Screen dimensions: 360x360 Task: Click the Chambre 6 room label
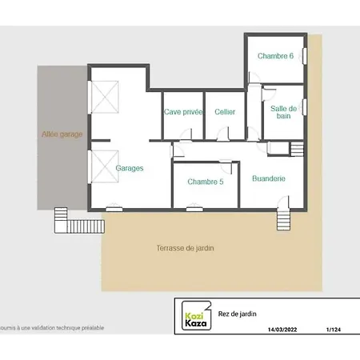click(x=275, y=56)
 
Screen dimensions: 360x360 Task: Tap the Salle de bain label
click(x=283, y=112)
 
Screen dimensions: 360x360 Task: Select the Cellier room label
click(x=225, y=112)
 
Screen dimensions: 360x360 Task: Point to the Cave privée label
click(x=183, y=112)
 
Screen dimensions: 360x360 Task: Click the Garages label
click(x=130, y=168)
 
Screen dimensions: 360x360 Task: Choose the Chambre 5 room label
click(x=206, y=182)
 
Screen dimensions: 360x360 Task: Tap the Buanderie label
click(x=269, y=178)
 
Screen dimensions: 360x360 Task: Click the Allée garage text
click(x=62, y=134)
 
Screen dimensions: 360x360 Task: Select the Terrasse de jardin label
click(x=185, y=248)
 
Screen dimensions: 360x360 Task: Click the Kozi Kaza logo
click(x=197, y=316)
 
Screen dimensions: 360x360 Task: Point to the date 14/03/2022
click(x=282, y=330)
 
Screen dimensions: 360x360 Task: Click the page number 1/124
click(x=334, y=330)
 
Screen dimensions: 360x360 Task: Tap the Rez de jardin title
click(x=237, y=314)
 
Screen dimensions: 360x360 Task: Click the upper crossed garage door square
click(x=105, y=97)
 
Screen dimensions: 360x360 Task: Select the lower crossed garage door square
click(x=105, y=166)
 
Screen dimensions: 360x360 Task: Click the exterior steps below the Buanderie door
click(x=283, y=220)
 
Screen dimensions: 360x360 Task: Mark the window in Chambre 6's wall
click(x=305, y=56)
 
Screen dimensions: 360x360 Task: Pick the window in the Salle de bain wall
click(x=305, y=107)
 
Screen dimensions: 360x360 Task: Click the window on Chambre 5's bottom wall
click(x=194, y=209)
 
